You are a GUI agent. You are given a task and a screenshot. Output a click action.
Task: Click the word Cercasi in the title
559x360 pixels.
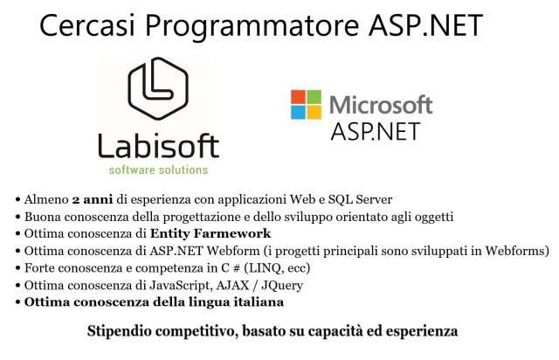(x=87, y=24)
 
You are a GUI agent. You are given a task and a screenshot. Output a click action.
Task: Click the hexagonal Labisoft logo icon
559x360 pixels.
(x=158, y=88)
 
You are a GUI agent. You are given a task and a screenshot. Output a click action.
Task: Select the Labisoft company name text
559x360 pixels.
(x=158, y=146)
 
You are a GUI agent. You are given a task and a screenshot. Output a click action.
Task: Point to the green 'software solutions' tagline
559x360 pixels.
(x=158, y=170)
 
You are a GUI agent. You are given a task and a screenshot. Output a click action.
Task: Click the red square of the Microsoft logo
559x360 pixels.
(x=298, y=97)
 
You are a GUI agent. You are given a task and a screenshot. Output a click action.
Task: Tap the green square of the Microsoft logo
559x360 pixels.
(x=314, y=97)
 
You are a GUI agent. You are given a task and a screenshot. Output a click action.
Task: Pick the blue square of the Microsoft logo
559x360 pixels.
(x=298, y=113)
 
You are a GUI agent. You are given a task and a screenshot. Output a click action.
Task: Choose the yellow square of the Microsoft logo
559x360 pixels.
(x=314, y=113)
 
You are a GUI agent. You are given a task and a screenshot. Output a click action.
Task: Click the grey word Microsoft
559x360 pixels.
(x=381, y=105)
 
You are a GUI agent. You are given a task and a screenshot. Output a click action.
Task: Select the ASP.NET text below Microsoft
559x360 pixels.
(x=375, y=131)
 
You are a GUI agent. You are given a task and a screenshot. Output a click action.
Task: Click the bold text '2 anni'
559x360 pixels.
(x=93, y=199)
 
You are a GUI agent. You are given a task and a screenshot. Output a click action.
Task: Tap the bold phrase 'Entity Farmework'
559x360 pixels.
(x=210, y=233)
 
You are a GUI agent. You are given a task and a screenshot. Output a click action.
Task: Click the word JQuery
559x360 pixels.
(x=282, y=286)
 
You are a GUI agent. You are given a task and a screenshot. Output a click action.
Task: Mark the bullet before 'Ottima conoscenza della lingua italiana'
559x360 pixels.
(x=17, y=303)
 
